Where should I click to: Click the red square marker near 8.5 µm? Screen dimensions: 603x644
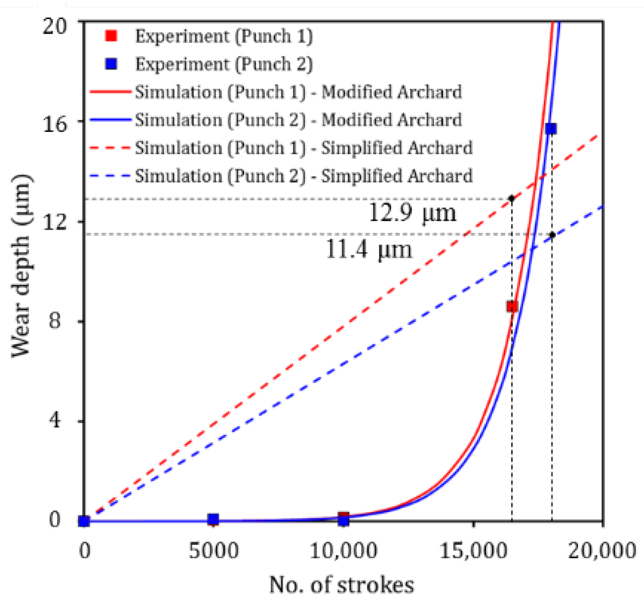click(512, 307)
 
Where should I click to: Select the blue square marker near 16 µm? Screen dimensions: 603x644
click(551, 129)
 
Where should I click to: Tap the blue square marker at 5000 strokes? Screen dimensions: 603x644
click(214, 519)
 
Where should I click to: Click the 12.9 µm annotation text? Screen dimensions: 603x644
click(412, 212)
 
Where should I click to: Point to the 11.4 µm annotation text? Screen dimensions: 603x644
click(369, 249)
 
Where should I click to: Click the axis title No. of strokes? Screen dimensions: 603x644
click(342, 584)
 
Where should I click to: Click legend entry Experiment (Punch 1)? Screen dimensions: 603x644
click(223, 36)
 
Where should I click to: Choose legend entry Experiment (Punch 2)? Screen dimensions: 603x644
click(223, 64)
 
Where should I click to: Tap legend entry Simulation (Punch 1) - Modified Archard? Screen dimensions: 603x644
click(298, 92)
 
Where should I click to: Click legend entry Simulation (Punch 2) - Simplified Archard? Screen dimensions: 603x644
click(303, 176)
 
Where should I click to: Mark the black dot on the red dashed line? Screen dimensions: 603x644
click(511, 198)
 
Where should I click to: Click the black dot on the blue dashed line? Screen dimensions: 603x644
click(552, 235)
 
